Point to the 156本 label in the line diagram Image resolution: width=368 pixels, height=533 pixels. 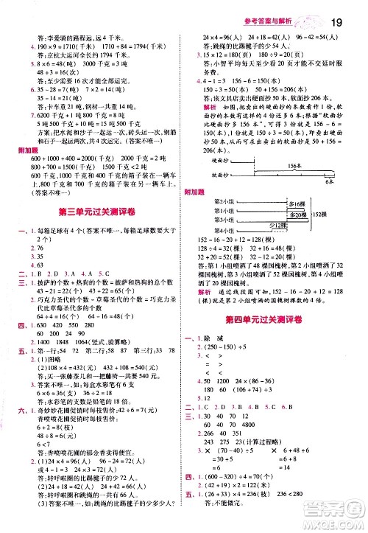(x=288, y=187)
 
